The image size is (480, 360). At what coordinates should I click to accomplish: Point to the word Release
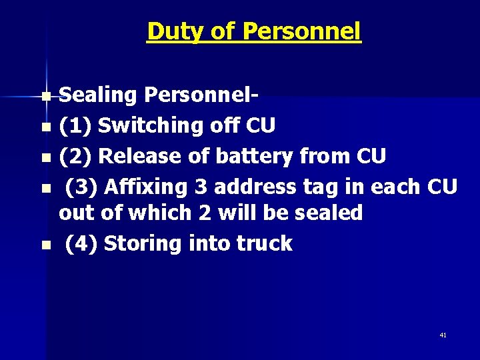pyautogui.click(x=141, y=156)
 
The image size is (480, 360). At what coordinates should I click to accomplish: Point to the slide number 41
pyautogui.click(x=443, y=335)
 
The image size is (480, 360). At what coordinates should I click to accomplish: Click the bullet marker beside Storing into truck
pyautogui.click(x=45, y=245)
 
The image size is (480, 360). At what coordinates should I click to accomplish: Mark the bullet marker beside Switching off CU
pyautogui.click(x=45, y=127)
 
